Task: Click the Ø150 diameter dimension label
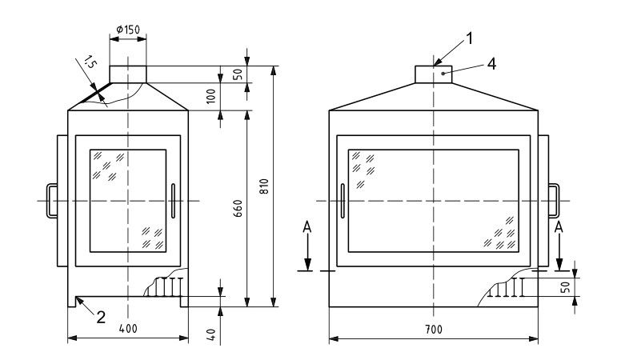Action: (128, 30)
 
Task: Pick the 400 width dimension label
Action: (126, 330)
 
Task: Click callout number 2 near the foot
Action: (100, 317)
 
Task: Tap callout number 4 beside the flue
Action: (491, 65)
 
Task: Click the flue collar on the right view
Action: (434, 74)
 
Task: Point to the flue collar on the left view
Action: (127, 74)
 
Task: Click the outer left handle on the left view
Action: (52, 200)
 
